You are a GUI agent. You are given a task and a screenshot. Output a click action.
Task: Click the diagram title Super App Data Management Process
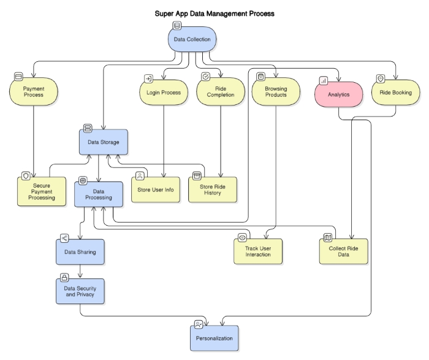tap(214, 13)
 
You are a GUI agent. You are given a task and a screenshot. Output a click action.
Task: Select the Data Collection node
tap(192, 40)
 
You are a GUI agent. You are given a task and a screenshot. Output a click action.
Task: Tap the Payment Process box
tap(34, 93)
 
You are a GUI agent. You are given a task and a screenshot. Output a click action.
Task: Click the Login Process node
tap(164, 93)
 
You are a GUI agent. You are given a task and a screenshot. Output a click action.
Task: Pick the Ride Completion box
tap(219, 93)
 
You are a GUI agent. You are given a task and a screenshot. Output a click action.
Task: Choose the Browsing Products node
tap(276, 93)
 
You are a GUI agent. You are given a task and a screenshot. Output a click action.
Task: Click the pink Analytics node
tap(338, 95)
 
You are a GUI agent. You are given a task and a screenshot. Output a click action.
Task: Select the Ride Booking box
tap(396, 93)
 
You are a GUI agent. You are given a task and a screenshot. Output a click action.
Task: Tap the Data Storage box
tap(104, 142)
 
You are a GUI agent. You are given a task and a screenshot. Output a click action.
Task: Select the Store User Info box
tap(156, 190)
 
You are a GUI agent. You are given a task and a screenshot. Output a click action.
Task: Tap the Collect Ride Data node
tap(344, 251)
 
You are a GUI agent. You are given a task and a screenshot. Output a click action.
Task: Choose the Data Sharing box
tap(80, 252)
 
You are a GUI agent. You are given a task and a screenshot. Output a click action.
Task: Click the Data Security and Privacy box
tap(80, 291)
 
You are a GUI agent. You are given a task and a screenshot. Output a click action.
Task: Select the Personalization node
tap(214, 338)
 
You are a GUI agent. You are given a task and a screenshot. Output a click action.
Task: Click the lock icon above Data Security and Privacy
tap(64, 277)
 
